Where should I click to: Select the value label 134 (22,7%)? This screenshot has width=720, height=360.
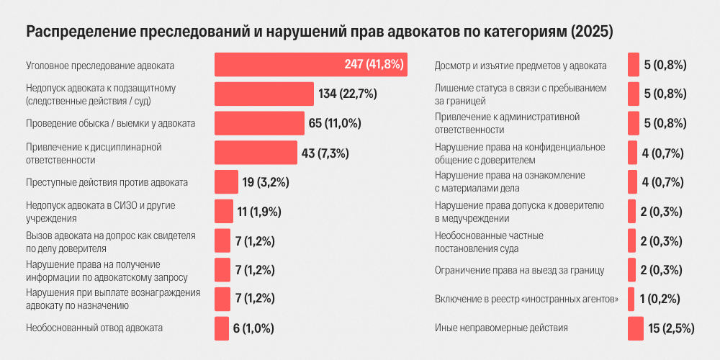(x=348, y=94)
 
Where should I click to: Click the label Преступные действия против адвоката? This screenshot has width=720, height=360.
(x=107, y=182)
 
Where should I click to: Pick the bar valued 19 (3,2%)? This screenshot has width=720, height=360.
(x=226, y=182)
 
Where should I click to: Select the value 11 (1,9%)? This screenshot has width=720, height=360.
(x=259, y=212)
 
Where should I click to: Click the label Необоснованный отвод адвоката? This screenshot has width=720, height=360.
(x=94, y=328)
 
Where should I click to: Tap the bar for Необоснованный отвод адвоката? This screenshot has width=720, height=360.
(x=222, y=328)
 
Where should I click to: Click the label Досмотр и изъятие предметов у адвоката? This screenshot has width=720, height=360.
(x=521, y=66)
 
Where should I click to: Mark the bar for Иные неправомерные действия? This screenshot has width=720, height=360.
(x=636, y=328)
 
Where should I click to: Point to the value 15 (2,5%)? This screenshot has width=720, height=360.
(x=671, y=328)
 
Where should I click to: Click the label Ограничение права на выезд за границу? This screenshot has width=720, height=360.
(x=519, y=271)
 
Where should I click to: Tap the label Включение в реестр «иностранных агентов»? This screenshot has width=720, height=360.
(x=527, y=300)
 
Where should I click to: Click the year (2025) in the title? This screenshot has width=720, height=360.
(x=591, y=32)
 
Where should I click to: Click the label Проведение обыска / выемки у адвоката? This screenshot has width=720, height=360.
(x=110, y=124)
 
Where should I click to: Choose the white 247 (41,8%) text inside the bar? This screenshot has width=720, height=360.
(x=374, y=65)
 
